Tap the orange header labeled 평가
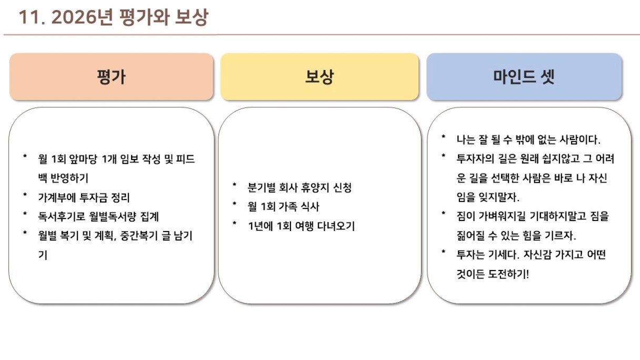click(x=112, y=76)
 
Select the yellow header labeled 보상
click(x=319, y=76)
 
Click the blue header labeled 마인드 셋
click(x=524, y=76)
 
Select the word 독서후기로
click(x=62, y=216)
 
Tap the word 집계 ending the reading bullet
click(x=149, y=216)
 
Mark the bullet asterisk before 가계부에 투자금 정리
click(x=25, y=195)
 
